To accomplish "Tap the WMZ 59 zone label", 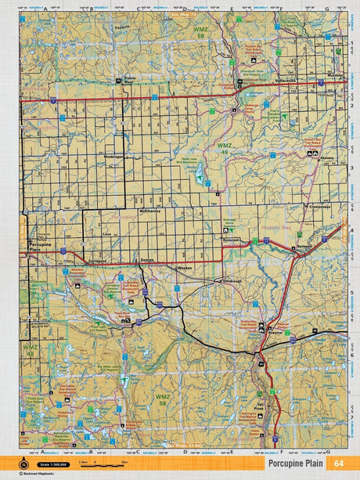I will pyautogui.click(x=200, y=34).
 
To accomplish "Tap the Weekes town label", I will pyautogui.click(x=185, y=268).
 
